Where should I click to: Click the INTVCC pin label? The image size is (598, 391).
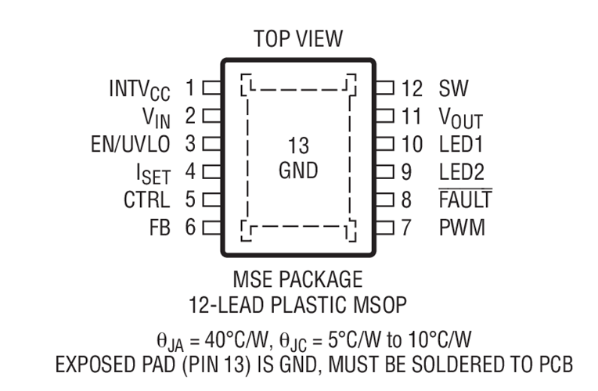pyautogui.click(x=139, y=90)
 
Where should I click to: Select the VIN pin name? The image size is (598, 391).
pyautogui.click(x=156, y=117)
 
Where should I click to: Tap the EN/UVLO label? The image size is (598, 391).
pyautogui.click(x=131, y=144)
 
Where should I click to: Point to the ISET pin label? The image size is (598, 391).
pyautogui.click(x=153, y=174)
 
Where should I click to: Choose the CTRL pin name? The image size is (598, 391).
pyautogui.click(x=147, y=199)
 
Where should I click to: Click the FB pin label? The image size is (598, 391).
pyautogui.click(x=160, y=228)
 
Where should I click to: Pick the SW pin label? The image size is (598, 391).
pyautogui.click(x=453, y=88)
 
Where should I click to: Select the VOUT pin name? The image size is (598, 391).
pyautogui.click(x=461, y=117)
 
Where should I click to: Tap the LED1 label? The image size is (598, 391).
pyautogui.click(x=461, y=144)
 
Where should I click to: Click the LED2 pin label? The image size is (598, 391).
pyautogui.click(x=462, y=172)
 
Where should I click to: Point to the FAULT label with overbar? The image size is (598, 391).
pyautogui.click(x=466, y=199)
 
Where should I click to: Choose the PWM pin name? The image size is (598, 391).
pyautogui.click(x=463, y=228)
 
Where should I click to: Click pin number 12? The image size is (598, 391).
pyautogui.click(x=412, y=88)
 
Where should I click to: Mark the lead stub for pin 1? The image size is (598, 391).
pyautogui.click(x=211, y=88)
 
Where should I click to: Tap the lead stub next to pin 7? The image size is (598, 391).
pyautogui.click(x=385, y=228)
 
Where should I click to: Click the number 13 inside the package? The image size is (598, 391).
pyautogui.click(x=298, y=145)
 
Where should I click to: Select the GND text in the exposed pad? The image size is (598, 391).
pyautogui.click(x=298, y=170)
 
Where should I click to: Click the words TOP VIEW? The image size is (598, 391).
pyautogui.click(x=298, y=38)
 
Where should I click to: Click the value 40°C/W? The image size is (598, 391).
pyautogui.click(x=236, y=339)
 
